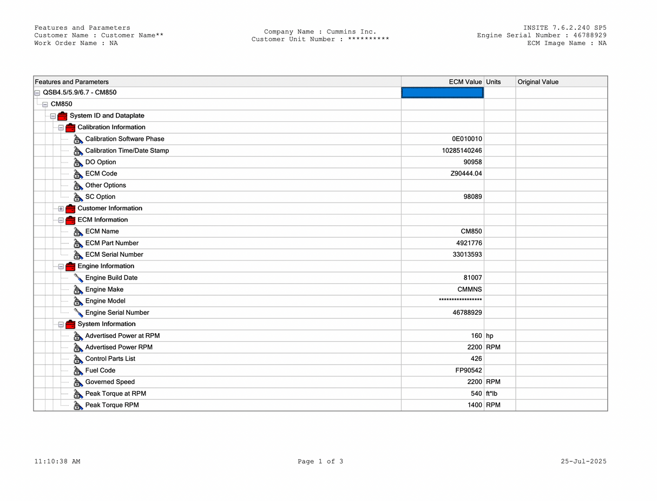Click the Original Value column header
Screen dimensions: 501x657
[x=538, y=82]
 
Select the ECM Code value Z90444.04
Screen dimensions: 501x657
[x=466, y=174]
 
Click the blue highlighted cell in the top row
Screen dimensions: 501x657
[x=442, y=93]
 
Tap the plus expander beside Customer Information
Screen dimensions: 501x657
[x=61, y=209]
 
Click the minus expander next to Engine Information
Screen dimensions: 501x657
[x=61, y=266]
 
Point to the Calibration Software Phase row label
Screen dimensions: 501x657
[x=124, y=139]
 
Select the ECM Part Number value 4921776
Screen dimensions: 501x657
[x=469, y=243]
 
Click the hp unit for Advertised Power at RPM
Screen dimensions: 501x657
[x=490, y=336]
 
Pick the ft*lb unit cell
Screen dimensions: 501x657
[x=491, y=394]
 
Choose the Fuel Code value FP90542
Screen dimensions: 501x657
[x=468, y=370]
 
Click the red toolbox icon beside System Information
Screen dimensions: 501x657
[x=70, y=324]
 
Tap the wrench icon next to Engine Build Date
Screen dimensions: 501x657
[x=78, y=278]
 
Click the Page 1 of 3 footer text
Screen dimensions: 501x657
[x=320, y=461]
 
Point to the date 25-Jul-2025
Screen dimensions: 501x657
[x=583, y=461]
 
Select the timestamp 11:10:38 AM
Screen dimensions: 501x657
[x=57, y=461]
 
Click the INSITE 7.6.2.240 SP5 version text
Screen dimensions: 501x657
[x=565, y=28]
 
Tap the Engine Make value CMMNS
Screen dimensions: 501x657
[x=470, y=290]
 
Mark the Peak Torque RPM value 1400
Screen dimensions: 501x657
[x=475, y=405]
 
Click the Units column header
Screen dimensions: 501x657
[x=494, y=82]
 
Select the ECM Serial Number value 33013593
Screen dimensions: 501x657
[x=467, y=255]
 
